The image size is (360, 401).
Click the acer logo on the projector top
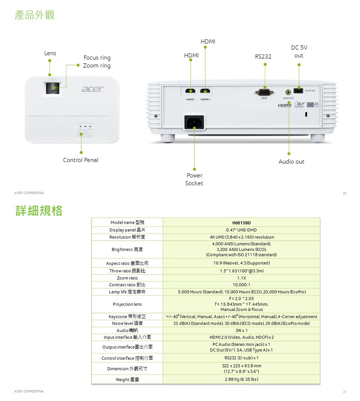93,88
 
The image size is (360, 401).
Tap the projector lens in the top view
52,88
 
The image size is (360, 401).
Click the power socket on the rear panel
194,122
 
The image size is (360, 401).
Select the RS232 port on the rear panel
264,92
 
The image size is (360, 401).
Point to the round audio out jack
288,92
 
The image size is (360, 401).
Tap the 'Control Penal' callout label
80,160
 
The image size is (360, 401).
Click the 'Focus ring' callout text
97,58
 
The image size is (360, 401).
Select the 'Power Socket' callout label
194,179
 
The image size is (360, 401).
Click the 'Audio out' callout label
291,162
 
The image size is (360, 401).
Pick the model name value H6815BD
241,223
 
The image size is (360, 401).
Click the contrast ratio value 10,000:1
241,285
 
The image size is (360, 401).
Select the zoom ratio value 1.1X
241,278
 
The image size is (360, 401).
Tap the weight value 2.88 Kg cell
241,379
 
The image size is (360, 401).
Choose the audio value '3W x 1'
241,331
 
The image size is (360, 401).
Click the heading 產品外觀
34,15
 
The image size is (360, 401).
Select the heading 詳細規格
39,211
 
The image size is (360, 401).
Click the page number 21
344,391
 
